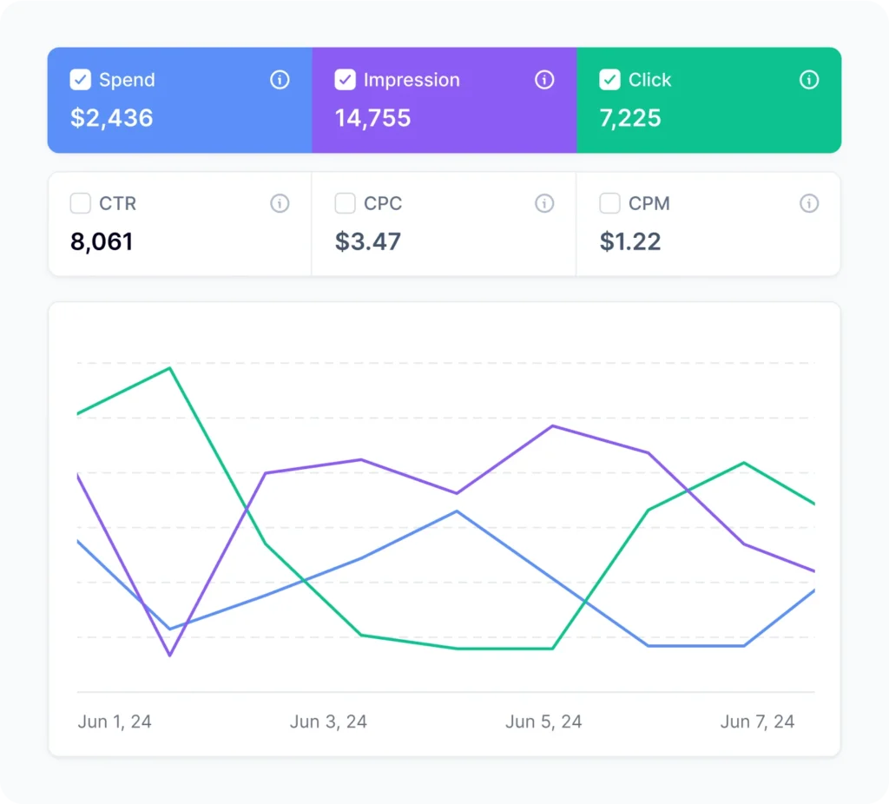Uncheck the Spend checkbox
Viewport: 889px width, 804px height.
pos(80,80)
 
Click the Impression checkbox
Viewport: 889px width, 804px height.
pos(345,80)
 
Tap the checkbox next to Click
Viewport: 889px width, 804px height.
pos(609,80)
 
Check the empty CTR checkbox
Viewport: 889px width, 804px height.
pos(80,203)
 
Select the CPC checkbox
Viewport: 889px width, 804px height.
pos(345,203)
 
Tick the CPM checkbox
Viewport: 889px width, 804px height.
pos(609,203)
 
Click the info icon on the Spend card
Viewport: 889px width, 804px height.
pos(280,80)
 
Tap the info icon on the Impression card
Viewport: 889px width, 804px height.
pos(544,80)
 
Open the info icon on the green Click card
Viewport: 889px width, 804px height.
pos(809,80)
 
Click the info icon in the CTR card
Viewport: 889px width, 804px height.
pos(280,203)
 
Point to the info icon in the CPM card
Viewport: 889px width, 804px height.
pos(809,203)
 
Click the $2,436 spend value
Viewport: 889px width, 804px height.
pos(112,118)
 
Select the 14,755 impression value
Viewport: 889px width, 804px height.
pos(373,118)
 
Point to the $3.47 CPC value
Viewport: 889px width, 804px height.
pos(368,241)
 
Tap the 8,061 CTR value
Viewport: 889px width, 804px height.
pos(102,241)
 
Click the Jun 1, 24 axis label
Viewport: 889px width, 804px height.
pos(115,722)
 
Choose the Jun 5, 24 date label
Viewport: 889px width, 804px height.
pos(543,722)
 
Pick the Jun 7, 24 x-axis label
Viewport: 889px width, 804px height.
pos(757,722)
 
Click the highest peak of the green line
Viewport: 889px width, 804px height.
pos(170,368)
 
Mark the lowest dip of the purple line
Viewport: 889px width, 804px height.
pos(170,656)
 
